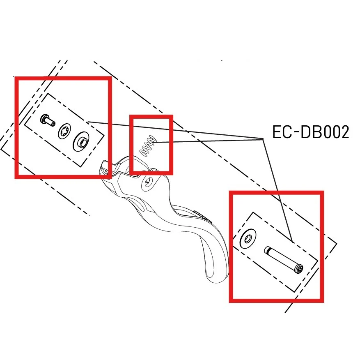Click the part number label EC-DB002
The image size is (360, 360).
[x=310, y=132]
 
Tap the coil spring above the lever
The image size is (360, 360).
[x=148, y=146]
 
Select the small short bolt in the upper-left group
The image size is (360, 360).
[x=48, y=120]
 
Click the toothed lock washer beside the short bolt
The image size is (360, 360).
[x=64, y=132]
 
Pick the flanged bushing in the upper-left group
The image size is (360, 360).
[x=80, y=141]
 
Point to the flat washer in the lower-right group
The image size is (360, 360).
[x=248, y=239]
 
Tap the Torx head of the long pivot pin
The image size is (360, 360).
[x=299, y=270]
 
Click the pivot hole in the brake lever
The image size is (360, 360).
[x=147, y=183]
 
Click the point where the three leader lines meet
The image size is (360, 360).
[x=263, y=139]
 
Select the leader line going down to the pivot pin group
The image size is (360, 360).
[x=277, y=191]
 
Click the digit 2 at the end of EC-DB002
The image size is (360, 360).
[x=344, y=132]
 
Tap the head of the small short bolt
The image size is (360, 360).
[x=44, y=119]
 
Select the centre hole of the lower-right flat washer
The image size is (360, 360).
[x=248, y=240]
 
